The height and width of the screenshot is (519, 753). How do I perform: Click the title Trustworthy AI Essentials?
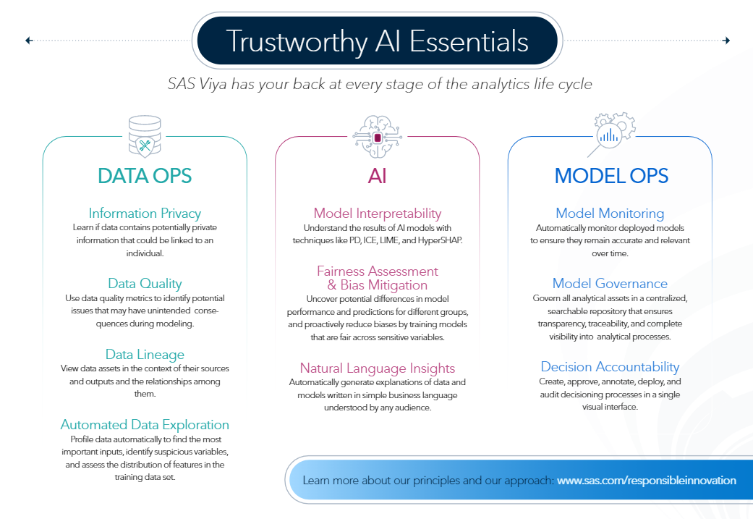377,41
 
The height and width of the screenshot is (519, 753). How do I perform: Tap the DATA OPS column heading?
145,176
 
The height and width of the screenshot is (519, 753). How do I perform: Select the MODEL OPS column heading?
611,176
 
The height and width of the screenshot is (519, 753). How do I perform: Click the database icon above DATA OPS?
145,135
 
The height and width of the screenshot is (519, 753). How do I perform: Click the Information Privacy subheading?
145,213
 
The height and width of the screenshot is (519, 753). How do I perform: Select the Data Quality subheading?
145,283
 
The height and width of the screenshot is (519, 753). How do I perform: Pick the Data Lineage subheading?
145,354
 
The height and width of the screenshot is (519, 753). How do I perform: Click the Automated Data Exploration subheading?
145,425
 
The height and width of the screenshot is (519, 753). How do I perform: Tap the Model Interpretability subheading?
377,213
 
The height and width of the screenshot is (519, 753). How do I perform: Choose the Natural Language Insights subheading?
377,368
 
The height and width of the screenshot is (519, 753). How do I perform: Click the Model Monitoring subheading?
610,213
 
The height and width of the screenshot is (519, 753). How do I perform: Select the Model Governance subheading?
610,283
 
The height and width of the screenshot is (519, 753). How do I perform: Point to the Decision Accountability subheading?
610,367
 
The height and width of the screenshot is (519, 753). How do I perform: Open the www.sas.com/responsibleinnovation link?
646,481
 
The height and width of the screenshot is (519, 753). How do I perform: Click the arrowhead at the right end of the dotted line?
726,41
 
